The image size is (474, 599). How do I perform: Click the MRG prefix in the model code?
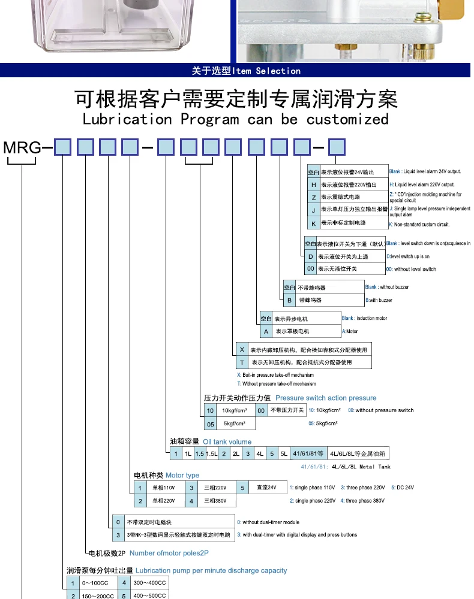(x=22, y=147)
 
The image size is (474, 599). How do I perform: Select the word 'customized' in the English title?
(x=347, y=119)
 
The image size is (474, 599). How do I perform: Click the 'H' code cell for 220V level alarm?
(x=313, y=184)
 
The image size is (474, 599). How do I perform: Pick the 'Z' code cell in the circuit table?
(x=313, y=197)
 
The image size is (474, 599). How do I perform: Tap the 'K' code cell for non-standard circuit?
(x=313, y=223)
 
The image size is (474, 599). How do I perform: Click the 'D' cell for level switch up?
(x=310, y=256)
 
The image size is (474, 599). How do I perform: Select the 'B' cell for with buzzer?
(x=289, y=299)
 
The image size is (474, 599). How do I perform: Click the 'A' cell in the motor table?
(x=266, y=331)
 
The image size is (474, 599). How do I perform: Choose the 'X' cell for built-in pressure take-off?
(x=242, y=349)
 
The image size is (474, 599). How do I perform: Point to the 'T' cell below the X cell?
(x=242, y=362)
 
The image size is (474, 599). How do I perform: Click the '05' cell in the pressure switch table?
(x=211, y=423)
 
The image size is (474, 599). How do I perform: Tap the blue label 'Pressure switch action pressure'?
(x=326, y=398)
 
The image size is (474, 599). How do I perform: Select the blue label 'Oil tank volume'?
(x=227, y=441)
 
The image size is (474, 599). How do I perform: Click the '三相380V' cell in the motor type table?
(x=214, y=501)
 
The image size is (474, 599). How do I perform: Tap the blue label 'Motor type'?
(x=182, y=476)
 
